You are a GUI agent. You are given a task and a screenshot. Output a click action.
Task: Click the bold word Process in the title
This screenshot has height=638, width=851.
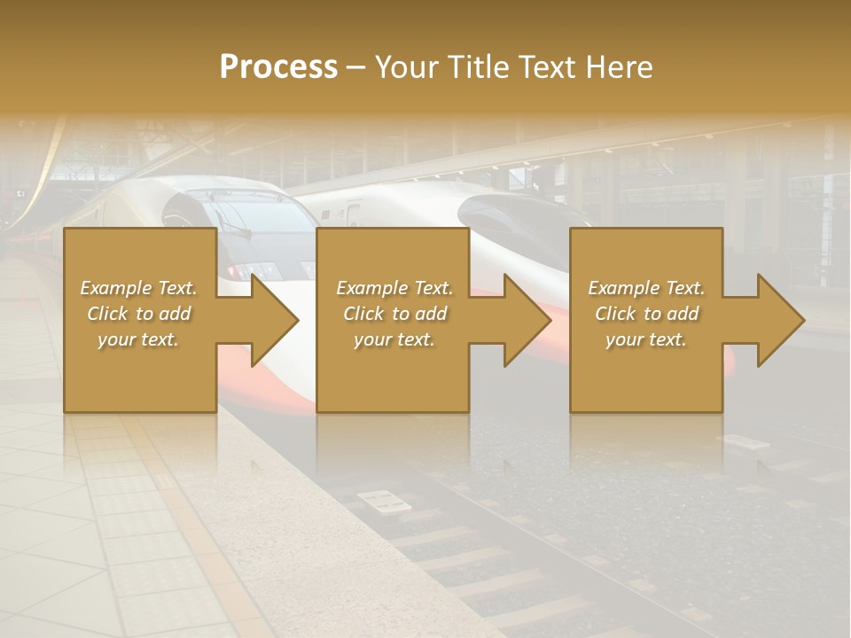click(278, 66)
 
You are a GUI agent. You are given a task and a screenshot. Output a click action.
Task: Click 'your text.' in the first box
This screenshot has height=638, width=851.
click(137, 339)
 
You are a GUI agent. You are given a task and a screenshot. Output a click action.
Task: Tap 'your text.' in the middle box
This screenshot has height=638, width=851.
click(394, 339)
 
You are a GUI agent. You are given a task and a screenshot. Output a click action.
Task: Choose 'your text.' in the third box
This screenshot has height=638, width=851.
click(645, 339)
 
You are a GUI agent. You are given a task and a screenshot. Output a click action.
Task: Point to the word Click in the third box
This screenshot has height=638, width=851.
click(616, 314)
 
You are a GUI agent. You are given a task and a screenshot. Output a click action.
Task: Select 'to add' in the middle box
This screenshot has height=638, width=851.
click(419, 314)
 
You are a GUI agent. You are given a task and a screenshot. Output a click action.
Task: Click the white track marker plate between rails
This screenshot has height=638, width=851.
click(382, 502)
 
